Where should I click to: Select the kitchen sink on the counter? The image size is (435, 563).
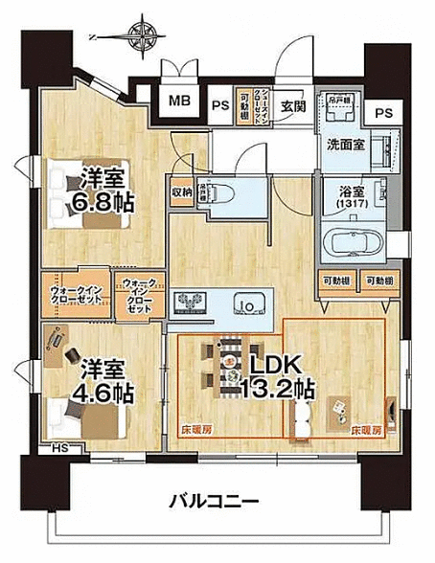(x=246, y=308)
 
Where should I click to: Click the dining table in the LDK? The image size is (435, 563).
(x=231, y=363)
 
